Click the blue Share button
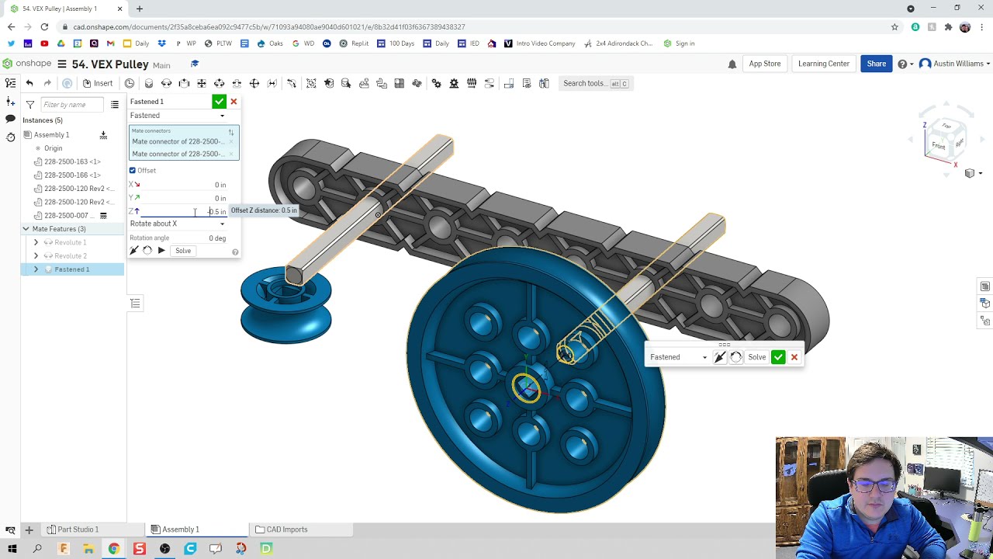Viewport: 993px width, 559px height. [876, 64]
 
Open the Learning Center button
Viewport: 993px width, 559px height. [823, 64]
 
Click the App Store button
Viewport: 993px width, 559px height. [764, 64]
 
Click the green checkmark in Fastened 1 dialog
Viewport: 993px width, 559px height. [219, 102]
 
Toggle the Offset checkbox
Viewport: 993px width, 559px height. [133, 171]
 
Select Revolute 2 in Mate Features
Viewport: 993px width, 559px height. [70, 256]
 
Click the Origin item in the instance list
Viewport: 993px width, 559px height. [53, 148]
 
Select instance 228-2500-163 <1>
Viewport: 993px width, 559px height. [72, 161]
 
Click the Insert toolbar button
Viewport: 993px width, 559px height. [98, 83]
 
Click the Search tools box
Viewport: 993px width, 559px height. [595, 83]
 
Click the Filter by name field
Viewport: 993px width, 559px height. [73, 105]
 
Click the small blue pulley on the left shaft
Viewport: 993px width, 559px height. [285, 307]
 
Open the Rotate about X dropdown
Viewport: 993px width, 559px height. [178, 224]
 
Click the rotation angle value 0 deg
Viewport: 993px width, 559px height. [216, 238]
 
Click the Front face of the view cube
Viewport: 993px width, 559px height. [938, 146]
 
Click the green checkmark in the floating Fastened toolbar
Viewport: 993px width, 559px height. [778, 357]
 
